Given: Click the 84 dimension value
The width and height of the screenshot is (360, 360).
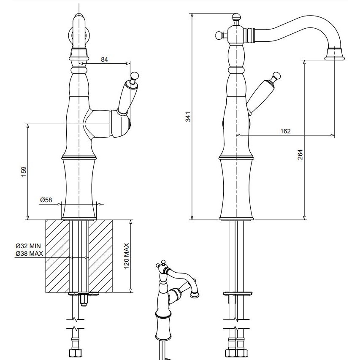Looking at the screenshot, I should point(105,60).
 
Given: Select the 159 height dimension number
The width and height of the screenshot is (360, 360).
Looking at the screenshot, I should point(24,171).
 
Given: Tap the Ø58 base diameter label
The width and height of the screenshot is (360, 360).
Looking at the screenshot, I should point(46,200).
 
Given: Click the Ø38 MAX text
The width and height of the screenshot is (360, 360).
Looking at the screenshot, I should point(28,253).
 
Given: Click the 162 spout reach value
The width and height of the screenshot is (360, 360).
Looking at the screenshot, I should point(285,131).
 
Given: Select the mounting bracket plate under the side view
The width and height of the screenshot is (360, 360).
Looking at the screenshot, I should point(238,293).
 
